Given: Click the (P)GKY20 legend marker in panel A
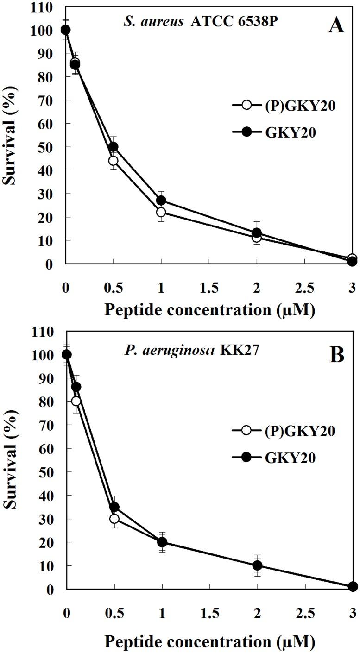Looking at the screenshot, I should point(246,105).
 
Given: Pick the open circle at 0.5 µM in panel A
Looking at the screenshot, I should point(113,161).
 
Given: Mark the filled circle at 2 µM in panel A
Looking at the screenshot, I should point(257,233).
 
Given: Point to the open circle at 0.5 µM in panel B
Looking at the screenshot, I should point(114,519).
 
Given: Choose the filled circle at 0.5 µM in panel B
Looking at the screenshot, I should point(114,507).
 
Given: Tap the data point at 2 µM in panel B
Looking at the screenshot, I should point(257,565).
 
